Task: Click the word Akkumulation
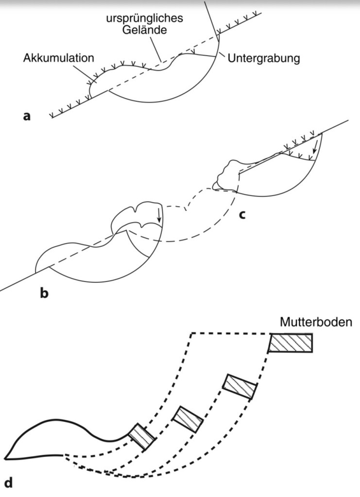click(x=58, y=58)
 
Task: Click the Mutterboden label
click(x=315, y=322)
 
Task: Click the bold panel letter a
click(x=27, y=116)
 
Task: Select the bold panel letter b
click(x=44, y=293)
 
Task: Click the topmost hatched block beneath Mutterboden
click(x=291, y=343)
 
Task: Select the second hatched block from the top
click(x=240, y=387)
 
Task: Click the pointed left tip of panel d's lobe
click(x=5, y=457)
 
